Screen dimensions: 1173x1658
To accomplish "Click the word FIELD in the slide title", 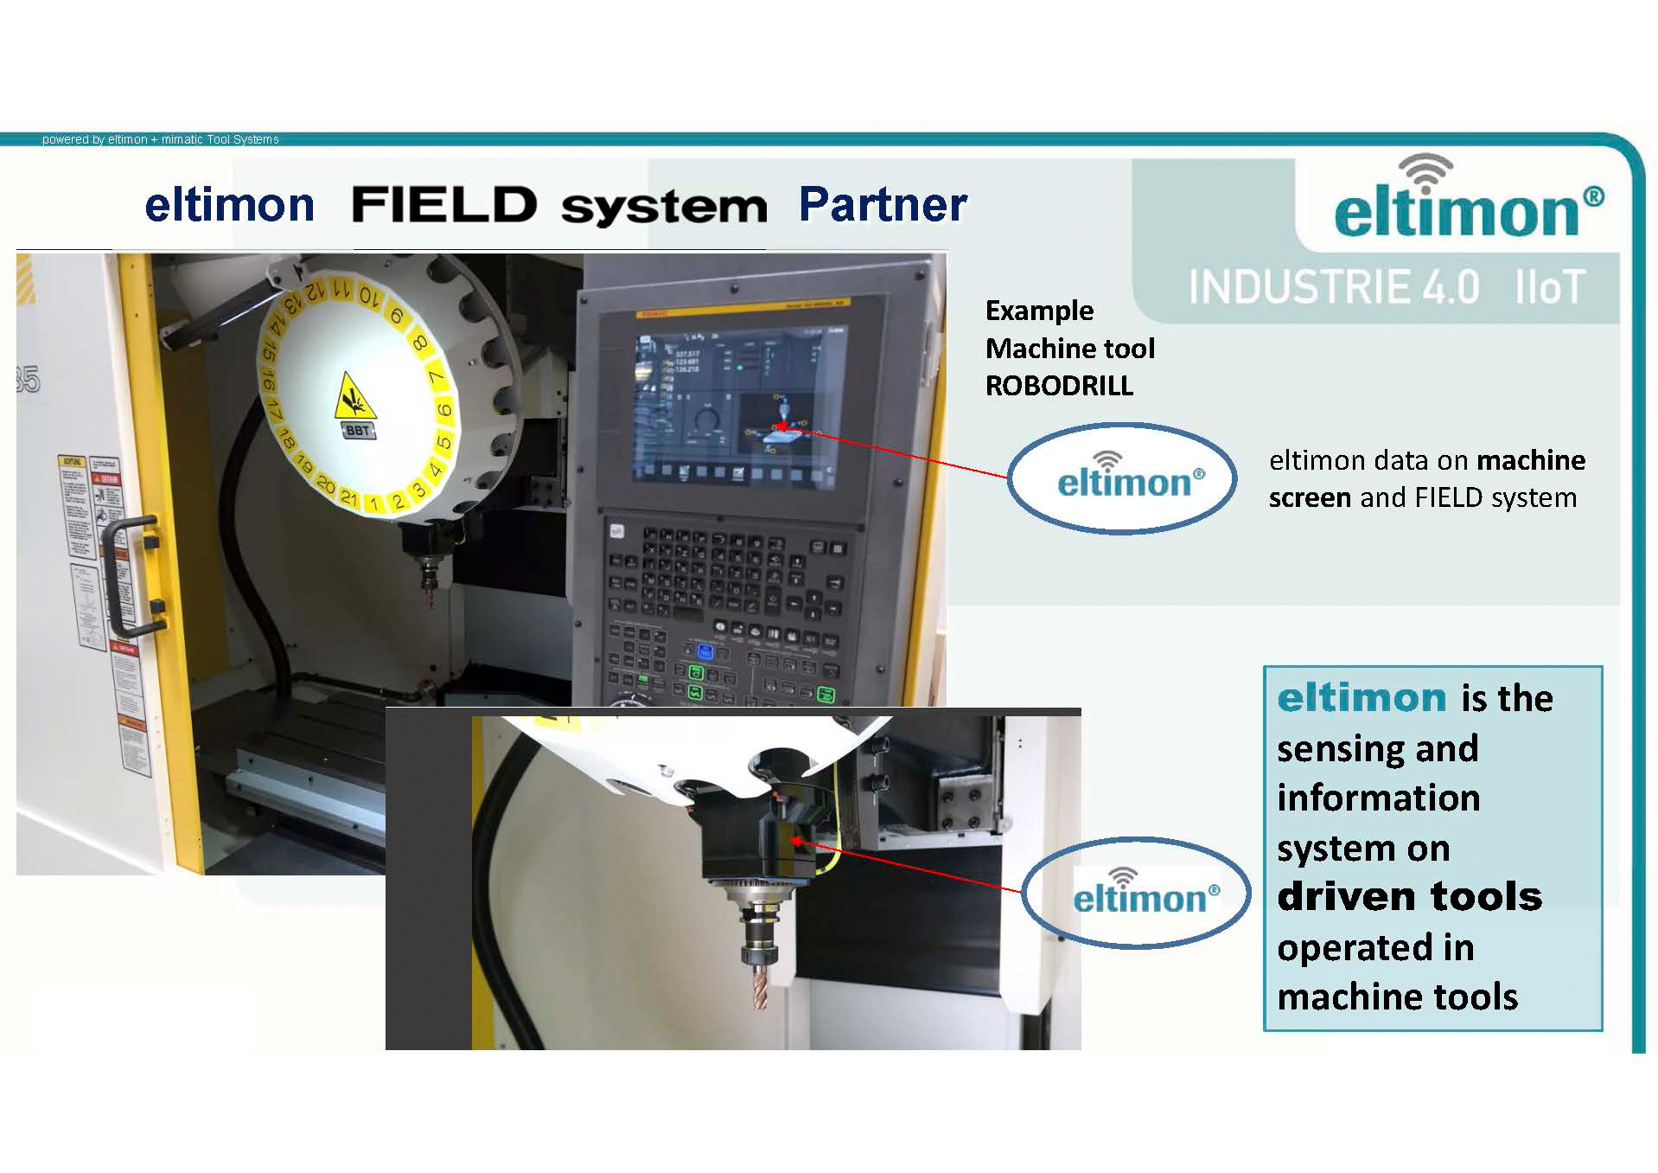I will [443, 205].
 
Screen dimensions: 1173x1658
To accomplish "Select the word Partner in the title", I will [882, 205].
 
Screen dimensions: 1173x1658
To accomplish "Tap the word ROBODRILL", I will [1059, 386].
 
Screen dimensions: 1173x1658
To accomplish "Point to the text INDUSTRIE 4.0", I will [1334, 287].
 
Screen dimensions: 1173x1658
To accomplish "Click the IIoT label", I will [1550, 287].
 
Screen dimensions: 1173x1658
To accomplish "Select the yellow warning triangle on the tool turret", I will [354, 394].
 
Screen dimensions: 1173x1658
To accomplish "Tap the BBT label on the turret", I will [357, 430].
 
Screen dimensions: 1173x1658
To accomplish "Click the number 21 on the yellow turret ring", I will [348, 497].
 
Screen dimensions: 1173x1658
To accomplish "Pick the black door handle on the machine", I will [130, 575].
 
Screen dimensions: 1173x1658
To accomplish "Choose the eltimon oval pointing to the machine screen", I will [1122, 478].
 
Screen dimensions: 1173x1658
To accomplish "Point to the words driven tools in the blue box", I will [1409, 897].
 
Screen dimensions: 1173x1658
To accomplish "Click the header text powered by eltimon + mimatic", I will [161, 139].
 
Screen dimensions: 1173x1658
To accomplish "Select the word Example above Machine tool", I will [1039, 311].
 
